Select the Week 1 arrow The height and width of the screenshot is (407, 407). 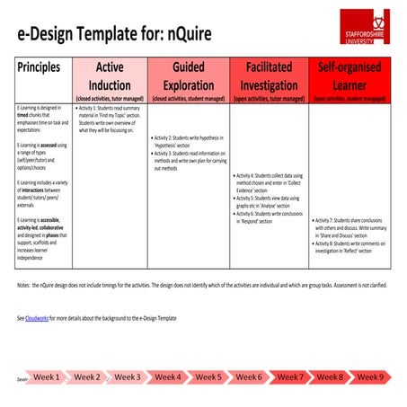tap(46, 377)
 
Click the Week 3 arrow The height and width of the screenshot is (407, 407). tap(127, 377)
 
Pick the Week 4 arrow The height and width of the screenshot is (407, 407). tap(167, 377)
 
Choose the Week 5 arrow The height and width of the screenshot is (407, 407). tap(208, 377)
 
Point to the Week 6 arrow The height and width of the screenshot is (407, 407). tap(248, 377)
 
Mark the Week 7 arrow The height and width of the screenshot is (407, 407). tap(289, 377)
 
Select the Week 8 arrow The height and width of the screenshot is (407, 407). tap(329, 377)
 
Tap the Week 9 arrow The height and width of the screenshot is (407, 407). tap(369, 377)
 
